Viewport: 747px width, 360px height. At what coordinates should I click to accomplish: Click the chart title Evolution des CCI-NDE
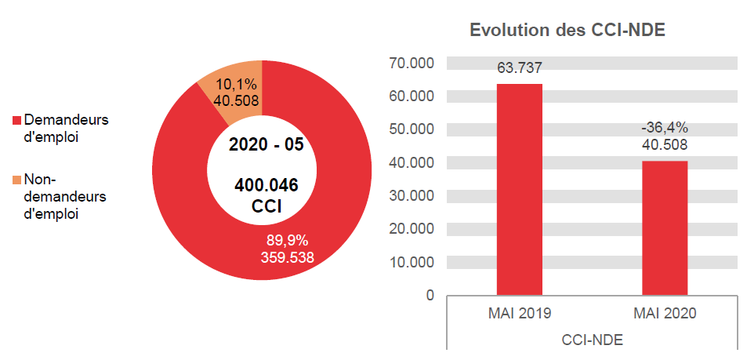tap(567, 31)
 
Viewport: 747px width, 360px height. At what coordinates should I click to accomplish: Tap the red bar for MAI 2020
tap(665, 227)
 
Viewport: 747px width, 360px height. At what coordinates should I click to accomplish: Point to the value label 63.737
tap(520, 68)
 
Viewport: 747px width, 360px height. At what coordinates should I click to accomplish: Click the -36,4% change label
tap(665, 128)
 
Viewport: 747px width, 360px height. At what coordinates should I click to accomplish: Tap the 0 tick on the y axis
tap(430, 296)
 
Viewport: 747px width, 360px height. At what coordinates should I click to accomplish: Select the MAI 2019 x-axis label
tap(520, 313)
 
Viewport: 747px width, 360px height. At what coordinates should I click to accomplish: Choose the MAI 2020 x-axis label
tap(665, 313)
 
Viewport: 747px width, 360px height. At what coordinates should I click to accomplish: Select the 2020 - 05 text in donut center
tap(266, 145)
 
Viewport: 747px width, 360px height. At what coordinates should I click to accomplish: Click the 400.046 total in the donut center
tap(266, 186)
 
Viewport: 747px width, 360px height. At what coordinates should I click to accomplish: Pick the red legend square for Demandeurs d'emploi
tap(16, 121)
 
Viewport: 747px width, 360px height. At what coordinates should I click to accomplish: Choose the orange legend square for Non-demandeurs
tap(16, 180)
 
